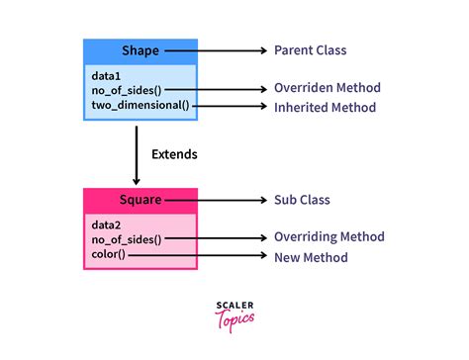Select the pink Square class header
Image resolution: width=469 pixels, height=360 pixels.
coord(140,200)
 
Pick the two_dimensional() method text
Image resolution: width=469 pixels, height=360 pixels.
coord(138,105)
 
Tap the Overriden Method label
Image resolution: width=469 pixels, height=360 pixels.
coord(328,89)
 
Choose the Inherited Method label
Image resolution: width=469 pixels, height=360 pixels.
coord(324,106)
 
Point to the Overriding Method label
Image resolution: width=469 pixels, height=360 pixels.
coord(328,237)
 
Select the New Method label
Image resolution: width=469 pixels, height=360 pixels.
coord(311,257)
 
